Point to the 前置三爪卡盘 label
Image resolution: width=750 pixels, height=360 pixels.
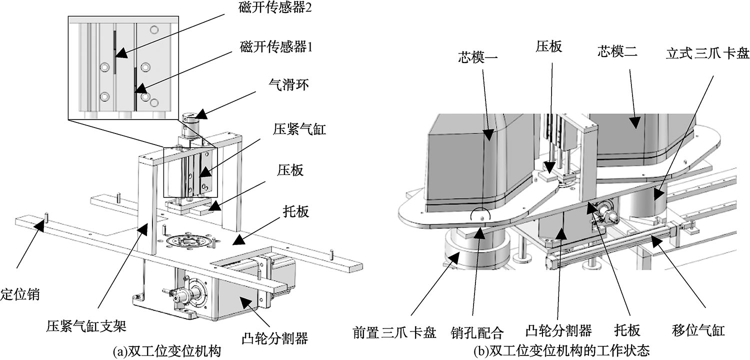(x=393, y=331)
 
